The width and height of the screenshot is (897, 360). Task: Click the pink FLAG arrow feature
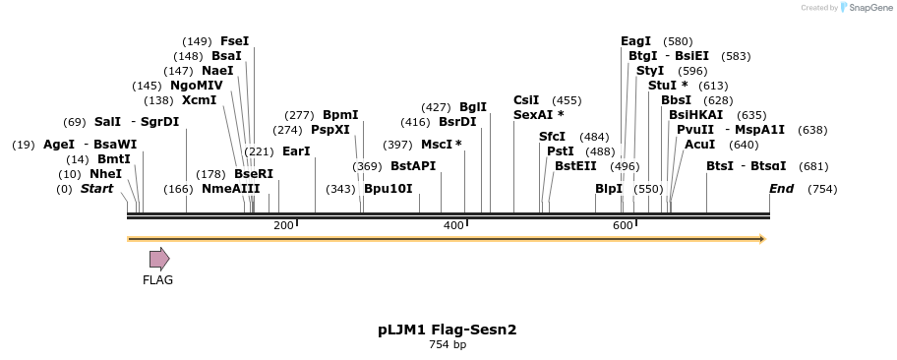click(159, 259)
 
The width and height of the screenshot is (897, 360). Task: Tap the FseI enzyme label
click(234, 41)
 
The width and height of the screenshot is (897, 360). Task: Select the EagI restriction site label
click(635, 41)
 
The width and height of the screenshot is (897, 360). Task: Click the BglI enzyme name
click(472, 107)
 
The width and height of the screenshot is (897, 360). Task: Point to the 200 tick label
click(283, 226)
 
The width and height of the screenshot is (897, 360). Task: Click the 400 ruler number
click(453, 226)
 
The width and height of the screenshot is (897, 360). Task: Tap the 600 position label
click(623, 226)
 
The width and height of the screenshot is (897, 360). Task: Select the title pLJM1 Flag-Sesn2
click(448, 330)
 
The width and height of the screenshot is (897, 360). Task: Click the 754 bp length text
click(448, 345)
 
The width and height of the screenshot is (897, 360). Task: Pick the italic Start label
click(96, 188)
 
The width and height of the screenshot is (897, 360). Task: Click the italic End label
click(781, 188)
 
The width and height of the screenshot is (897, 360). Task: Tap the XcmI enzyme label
click(199, 100)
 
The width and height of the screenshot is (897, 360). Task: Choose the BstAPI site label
click(412, 166)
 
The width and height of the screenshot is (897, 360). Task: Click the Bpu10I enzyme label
click(388, 188)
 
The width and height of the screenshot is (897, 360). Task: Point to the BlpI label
click(609, 188)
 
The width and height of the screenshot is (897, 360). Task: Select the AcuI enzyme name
click(699, 145)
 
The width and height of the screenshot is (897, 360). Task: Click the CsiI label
click(526, 100)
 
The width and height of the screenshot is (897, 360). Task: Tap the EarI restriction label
click(295, 151)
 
